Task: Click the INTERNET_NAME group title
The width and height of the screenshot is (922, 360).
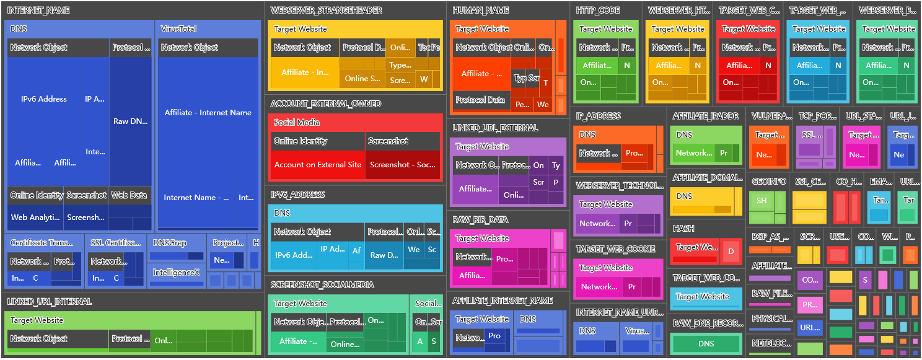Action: pos(38,11)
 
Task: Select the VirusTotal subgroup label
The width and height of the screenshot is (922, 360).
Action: pos(178,29)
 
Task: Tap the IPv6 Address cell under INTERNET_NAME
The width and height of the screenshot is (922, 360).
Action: pos(43,99)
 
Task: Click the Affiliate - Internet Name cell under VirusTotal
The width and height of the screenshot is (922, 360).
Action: pos(208,113)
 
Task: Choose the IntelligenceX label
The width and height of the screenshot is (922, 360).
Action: pos(176,272)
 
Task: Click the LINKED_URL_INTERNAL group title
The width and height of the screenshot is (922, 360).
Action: pos(50,302)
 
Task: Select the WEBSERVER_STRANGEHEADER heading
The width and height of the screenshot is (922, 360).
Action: pos(327,11)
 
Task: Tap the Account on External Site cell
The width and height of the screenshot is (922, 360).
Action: pos(317,165)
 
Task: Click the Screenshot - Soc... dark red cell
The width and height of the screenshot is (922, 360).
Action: pos(403,165)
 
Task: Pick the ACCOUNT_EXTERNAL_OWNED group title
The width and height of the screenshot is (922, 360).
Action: pos(326,104)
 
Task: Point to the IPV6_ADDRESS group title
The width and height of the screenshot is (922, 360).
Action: pos(298,195)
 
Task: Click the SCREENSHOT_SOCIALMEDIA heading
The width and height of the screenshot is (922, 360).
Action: pos(322,285)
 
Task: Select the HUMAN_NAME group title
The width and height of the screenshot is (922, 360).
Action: pos(481,11)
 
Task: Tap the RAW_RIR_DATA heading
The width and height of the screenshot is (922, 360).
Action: pos(481,220)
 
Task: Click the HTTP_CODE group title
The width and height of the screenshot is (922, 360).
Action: pos(598,11)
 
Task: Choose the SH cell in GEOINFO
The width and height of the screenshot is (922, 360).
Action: pos(762,201)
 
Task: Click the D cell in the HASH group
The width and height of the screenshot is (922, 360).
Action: pos(731,252)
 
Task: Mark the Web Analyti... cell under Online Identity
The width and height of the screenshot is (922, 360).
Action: pos(35,217)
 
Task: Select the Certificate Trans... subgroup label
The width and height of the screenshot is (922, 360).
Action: pos(42,243)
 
